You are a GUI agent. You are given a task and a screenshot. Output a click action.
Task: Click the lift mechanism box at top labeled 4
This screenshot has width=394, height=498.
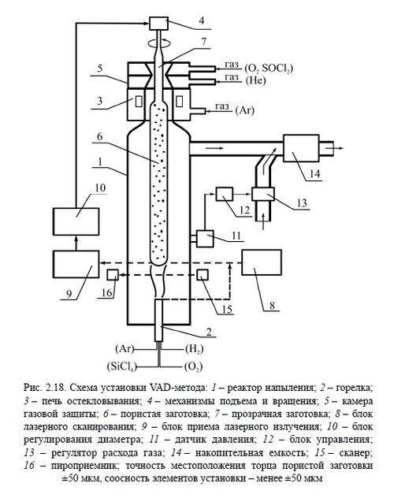tap(162, 21)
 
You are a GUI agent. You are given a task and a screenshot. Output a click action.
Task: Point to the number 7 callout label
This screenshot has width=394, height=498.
tap(203, 40)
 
